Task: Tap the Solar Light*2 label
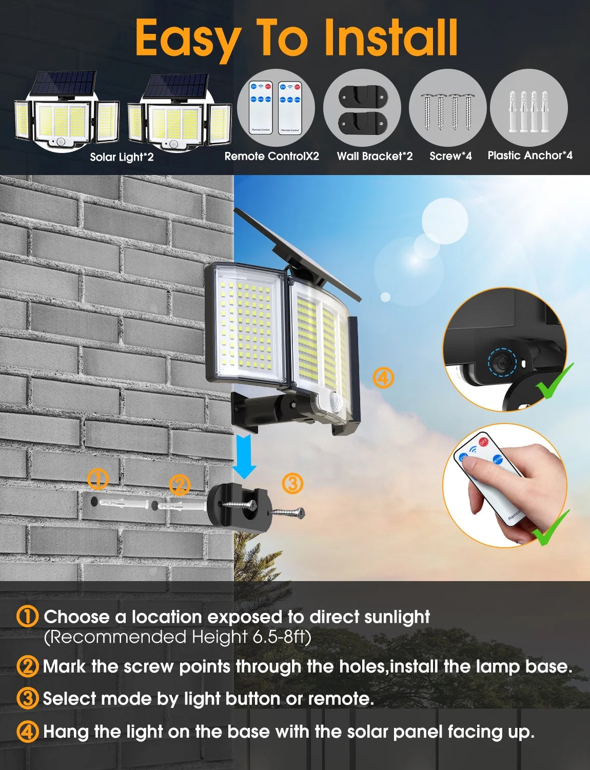(x=122, y=157)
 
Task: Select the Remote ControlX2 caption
(x=271, y=156)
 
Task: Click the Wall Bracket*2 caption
(x=375, y=156)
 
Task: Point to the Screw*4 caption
(x=450, y=156)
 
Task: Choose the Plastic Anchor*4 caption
(x=529, y=156)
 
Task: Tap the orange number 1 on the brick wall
(x=98, y=479)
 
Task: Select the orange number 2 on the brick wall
(x=180, y=485)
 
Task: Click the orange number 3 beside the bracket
(x=292, y=483)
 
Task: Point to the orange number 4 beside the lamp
(x=383, y=378)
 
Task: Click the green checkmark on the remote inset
(x=552, y=529)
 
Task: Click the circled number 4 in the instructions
(x=27, y=731)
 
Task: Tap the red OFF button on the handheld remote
(x=483, y=441)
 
